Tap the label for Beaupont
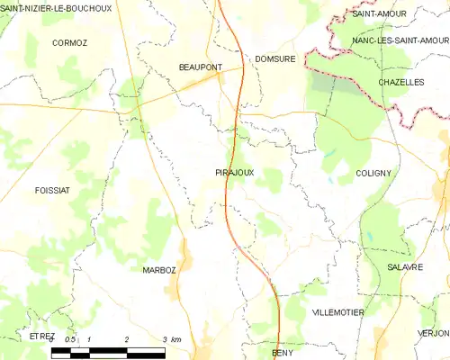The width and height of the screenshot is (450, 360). click(200, 67)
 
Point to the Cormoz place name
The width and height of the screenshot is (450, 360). click(68, 42)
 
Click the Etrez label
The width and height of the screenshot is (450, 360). click(41, 336)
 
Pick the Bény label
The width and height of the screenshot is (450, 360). click(283, 353)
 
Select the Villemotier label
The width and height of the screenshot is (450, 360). click(337, 311)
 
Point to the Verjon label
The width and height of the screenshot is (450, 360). click(433, 333)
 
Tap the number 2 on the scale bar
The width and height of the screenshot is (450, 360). click(127, 338)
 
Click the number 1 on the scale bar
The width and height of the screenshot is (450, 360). click(89, 338)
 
